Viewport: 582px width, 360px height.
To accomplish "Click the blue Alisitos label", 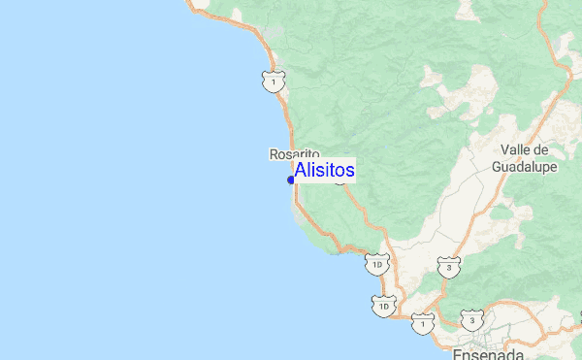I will (324, 170).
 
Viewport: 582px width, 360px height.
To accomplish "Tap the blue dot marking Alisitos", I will (291, 180).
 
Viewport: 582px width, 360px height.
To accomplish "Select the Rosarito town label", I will (294, 153).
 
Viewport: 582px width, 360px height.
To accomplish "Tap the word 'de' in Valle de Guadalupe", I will (541, 150).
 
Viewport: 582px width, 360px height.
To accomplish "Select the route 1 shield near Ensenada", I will (423, 323).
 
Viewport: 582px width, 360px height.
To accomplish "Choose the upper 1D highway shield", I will (378, 263).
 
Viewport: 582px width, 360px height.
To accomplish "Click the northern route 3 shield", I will (448, 266).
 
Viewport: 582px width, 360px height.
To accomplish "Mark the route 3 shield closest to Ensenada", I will (471, 319).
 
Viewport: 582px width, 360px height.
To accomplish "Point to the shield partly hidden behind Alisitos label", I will (341, 180).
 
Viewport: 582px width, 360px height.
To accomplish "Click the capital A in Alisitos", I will (301, 170).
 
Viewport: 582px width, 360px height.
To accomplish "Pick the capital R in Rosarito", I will (274, 153).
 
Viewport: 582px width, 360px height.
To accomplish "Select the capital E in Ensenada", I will (458, 352).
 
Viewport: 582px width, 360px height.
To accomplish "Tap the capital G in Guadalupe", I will (499, 166).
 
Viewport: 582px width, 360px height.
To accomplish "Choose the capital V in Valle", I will (506, 150).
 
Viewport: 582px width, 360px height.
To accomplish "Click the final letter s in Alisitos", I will (349, 171).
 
